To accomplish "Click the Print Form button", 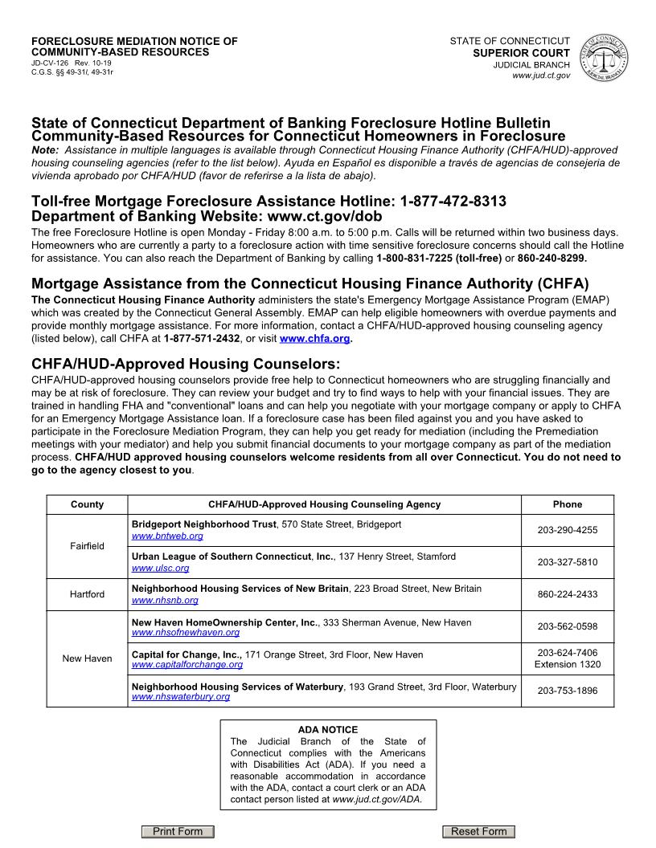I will (178, 831).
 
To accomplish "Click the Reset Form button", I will (478, 831).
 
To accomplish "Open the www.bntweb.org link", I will (167, 536).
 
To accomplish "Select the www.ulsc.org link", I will (160, 568).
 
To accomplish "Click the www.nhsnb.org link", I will (164, 600).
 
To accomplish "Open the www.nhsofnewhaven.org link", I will (186, 633).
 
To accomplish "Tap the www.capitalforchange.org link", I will (187, 665).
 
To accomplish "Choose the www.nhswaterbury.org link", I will (180, 697).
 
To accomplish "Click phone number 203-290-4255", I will (567, 530).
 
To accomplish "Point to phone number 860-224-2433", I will (567, 594).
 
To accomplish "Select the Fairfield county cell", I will (87, 546).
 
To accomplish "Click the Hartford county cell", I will (87, 594).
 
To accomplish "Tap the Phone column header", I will (567, 504).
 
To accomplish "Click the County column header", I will (87, 504).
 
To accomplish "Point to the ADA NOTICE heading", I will (327, 730).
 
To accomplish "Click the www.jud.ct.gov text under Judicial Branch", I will (541, 75).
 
